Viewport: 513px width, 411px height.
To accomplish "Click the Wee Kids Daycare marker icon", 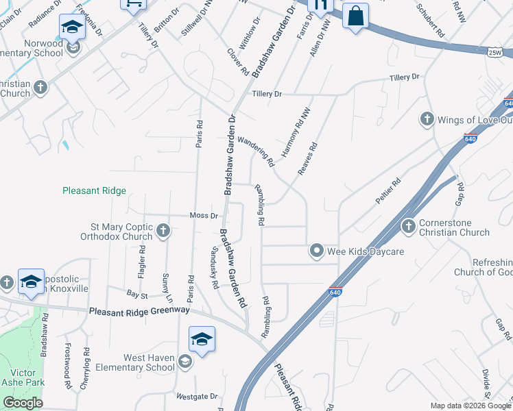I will [316, 251].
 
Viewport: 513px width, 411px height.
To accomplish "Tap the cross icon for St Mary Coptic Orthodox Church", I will [163, 230].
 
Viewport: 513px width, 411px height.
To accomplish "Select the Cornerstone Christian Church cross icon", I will [409, 226].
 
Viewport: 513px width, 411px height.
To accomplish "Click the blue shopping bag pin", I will [355, 16].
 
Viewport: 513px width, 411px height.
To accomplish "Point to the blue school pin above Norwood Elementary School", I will [71, 27].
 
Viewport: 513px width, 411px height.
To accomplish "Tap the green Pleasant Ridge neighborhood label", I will [94, 191].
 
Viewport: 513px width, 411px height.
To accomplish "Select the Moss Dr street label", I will [204, 216].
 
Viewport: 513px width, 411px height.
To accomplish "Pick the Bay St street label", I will [137, 295].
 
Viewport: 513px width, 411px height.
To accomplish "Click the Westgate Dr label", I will [196, 396].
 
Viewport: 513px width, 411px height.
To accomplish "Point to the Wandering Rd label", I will [261, 153].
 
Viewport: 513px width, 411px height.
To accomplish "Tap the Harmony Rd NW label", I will [292, 134].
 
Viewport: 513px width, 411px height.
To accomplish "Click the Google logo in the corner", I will [23, 403].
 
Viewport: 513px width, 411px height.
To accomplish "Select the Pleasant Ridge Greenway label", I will [139, 311].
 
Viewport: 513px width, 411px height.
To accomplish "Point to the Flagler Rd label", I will [143, 261].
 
